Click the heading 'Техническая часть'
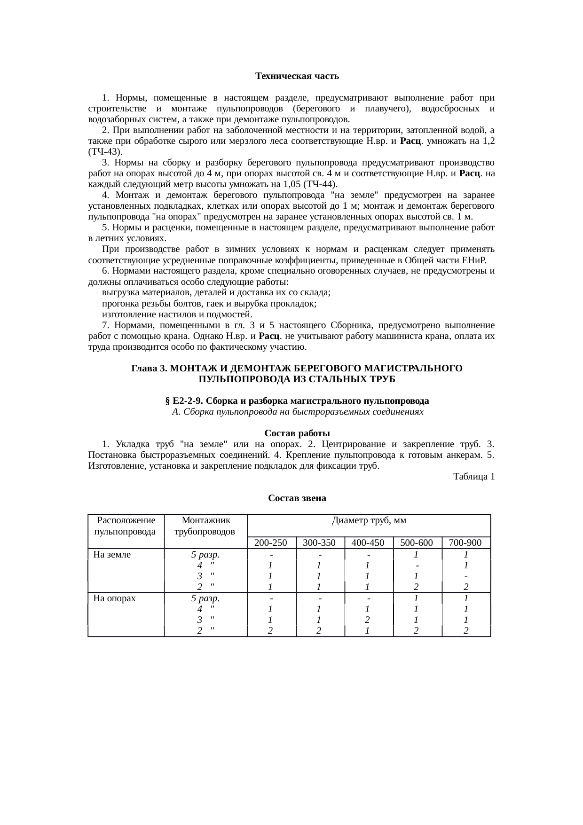(x=297, y=76)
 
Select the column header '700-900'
(x=465, y=543)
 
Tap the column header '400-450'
(x=368, y=543)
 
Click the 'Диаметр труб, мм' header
(x=369, y=521)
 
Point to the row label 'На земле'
(x=112, y=555)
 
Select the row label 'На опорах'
(x=115, y=598)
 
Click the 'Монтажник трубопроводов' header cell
(x=205, y=526)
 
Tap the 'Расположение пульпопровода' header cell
(x=126, y=526)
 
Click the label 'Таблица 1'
(x=473, y=477)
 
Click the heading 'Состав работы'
(x=297, y=433)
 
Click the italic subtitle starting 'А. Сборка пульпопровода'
(x=297, y=412)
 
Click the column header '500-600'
(x=417, y=543)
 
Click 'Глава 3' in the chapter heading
(x=146, y=369)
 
